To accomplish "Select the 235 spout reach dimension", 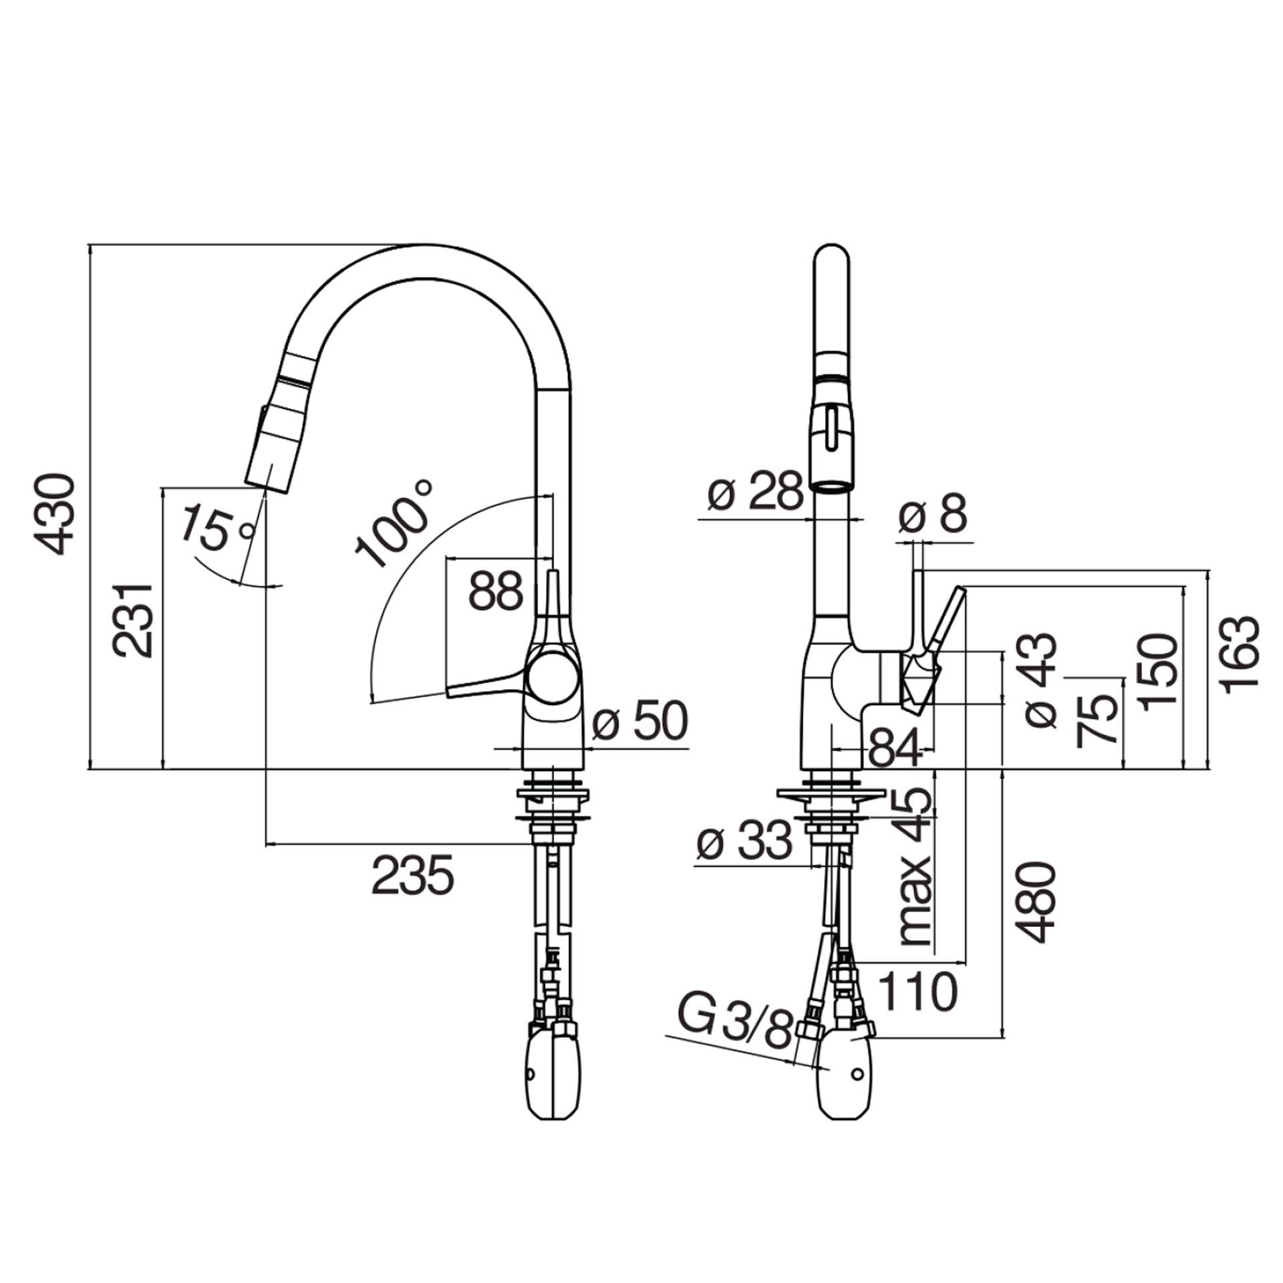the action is point(412,875).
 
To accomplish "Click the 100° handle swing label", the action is point(394,525).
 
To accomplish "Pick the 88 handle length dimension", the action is point(495,591).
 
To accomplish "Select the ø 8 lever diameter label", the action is point(933,514).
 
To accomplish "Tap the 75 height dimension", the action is point(1095,718).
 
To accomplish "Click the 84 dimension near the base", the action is point(895,754).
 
